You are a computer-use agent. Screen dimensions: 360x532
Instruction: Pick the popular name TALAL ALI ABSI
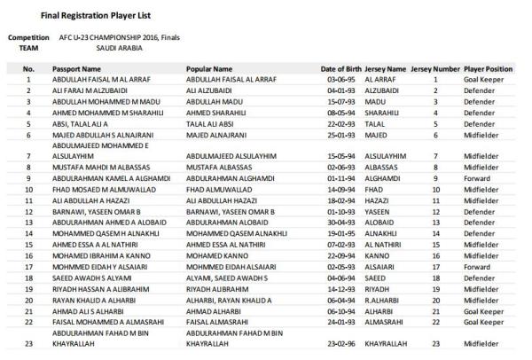209,124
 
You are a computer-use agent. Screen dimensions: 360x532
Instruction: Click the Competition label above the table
28,37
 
